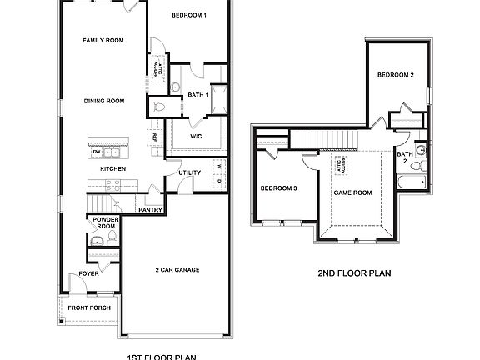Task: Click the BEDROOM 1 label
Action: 188,16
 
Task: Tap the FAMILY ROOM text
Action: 103,40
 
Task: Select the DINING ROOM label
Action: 104,101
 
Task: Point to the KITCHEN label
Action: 113,168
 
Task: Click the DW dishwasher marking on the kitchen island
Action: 97,152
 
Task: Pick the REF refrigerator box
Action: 154,137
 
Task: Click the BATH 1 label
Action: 197,95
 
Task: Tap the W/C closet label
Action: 196,135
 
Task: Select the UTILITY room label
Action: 190,172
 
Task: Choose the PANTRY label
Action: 150,210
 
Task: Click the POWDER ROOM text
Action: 105,222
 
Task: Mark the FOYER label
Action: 89,273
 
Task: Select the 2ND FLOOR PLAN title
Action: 354,272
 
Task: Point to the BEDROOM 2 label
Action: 395,76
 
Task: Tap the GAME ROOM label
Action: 352,192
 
